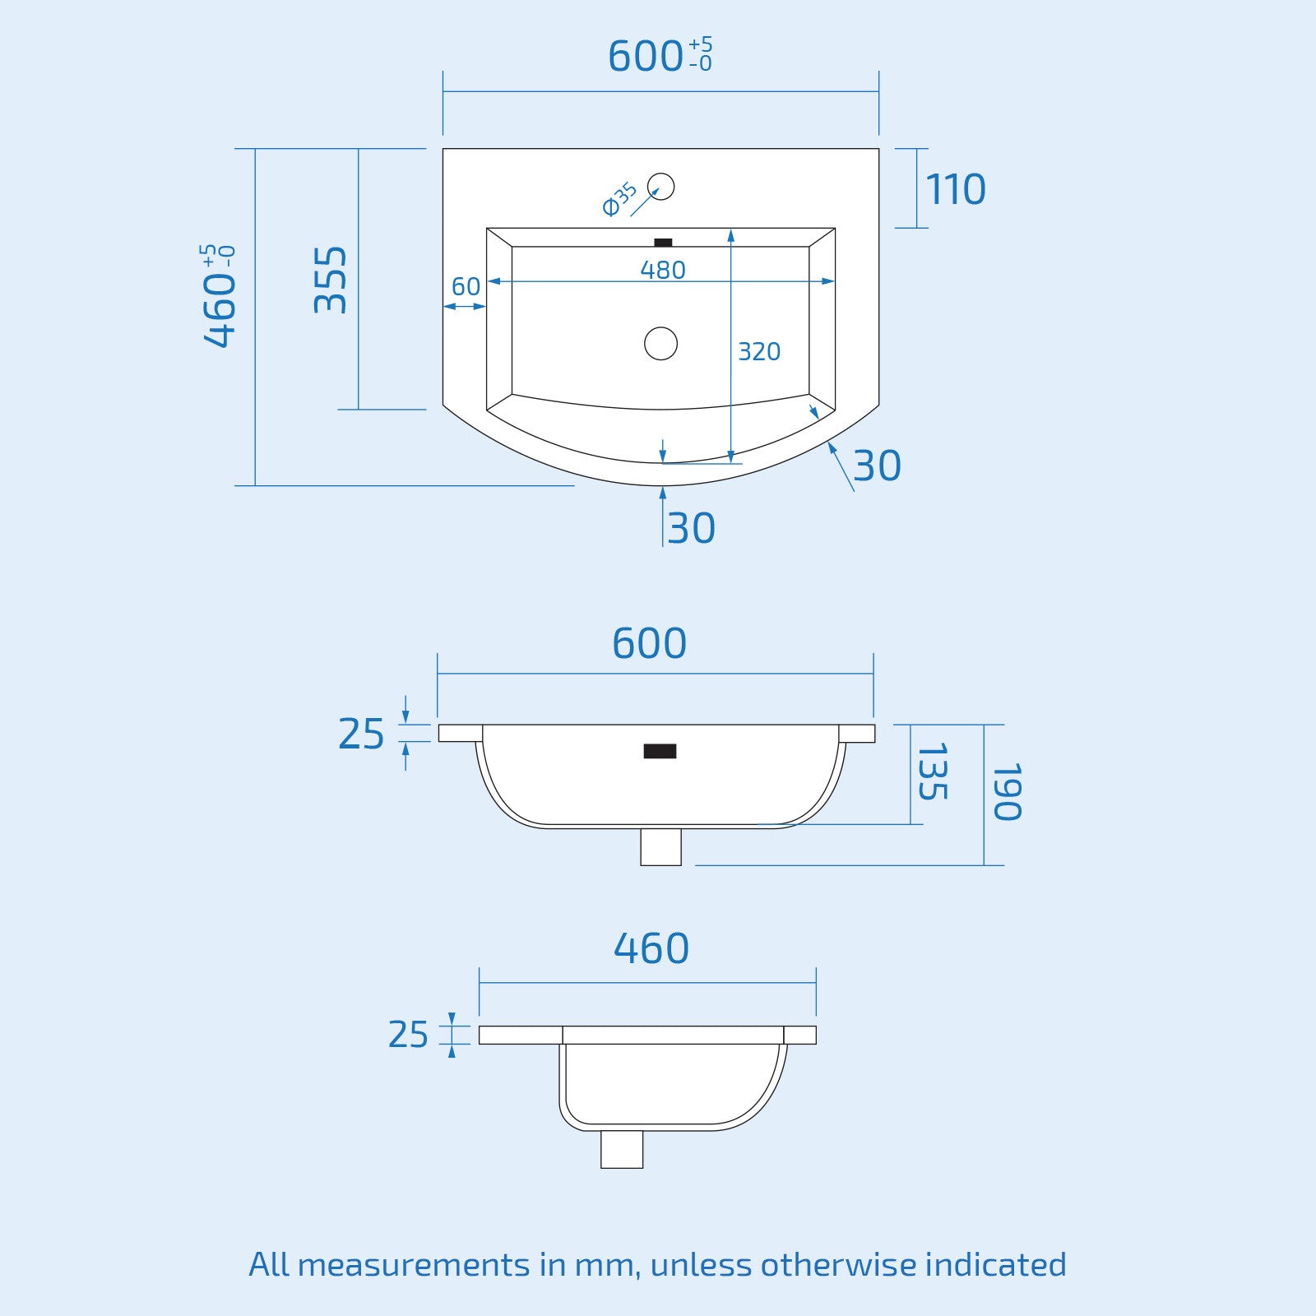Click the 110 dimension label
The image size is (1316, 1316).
tap(955, 190)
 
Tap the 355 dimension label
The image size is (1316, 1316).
tap(331, 280)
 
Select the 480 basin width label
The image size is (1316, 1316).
tap(662, 270)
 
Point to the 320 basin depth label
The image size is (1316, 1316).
tap(758, 352)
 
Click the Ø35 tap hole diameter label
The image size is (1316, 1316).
tap(619, 199)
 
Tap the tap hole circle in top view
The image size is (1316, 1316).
tap(660, 187)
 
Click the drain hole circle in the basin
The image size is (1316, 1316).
tap(660, 343)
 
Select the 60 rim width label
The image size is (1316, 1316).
tap(466, 287)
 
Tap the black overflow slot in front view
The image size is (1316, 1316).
tap(660, 751)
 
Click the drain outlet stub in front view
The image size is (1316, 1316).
tap(660, 846)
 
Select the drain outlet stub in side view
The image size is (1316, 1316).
tap(621, 1149)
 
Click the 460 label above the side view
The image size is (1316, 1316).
tap(651, 949)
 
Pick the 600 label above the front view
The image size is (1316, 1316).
tap(649, 644)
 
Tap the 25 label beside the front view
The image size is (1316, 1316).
tap(361, 734)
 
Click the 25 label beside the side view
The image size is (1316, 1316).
tap(408, 1035)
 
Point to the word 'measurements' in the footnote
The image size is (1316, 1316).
tap(413, 1264)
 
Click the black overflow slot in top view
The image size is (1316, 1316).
tap(662, 243)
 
